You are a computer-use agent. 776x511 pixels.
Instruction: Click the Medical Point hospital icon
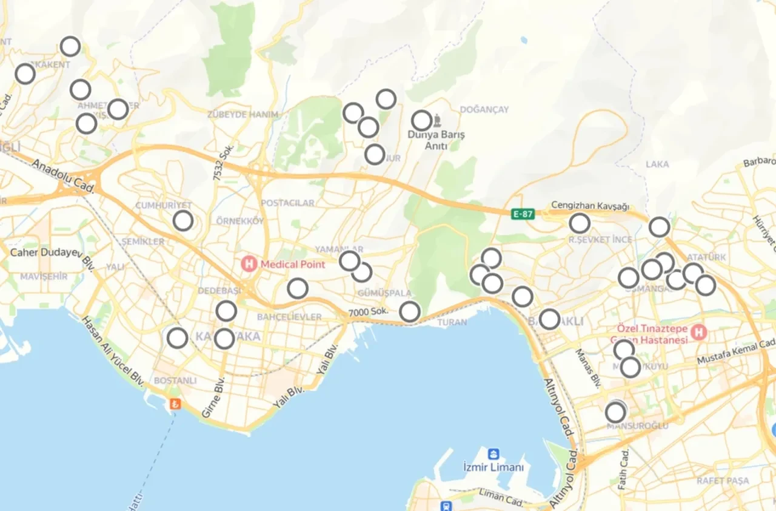249,264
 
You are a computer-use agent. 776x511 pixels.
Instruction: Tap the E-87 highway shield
523,214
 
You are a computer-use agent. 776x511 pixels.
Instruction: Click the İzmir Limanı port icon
493,454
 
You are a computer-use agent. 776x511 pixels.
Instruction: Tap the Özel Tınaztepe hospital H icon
700,332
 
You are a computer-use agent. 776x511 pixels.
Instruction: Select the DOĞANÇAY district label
484,109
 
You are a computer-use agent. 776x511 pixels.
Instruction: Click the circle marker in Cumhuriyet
183,221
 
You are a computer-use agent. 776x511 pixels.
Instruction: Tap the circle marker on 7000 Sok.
410,312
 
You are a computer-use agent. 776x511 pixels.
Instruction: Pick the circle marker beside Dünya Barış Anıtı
422,120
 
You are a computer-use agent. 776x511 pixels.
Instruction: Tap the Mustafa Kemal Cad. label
736,353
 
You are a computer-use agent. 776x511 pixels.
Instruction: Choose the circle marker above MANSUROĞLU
615,413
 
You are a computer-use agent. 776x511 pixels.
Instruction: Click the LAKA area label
657,164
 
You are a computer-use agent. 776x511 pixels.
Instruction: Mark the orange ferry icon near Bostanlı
176,404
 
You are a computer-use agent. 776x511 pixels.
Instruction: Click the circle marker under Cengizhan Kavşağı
580,223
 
